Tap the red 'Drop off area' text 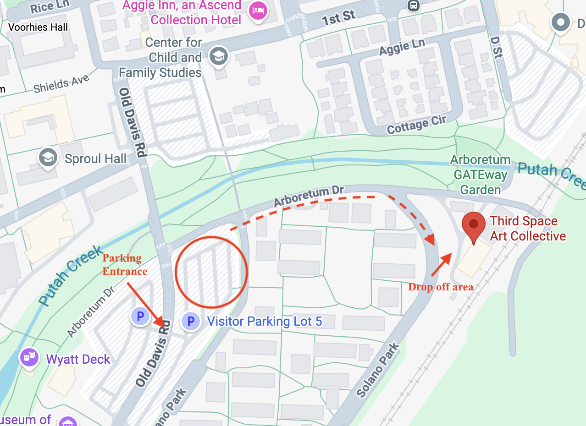(441, 287)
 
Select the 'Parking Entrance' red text (124, 264)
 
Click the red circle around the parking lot (211, 272)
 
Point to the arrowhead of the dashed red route (430, 240)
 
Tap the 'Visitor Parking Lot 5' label (265, 321)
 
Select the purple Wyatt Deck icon (28, 357)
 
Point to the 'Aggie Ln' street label (402, 46)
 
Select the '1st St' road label (338, 17)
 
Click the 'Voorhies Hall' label (38, 27)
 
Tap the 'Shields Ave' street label (61, 84)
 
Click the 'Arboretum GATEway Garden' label (480, 175)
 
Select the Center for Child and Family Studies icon (219, 56)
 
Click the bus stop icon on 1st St (414, 5)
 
